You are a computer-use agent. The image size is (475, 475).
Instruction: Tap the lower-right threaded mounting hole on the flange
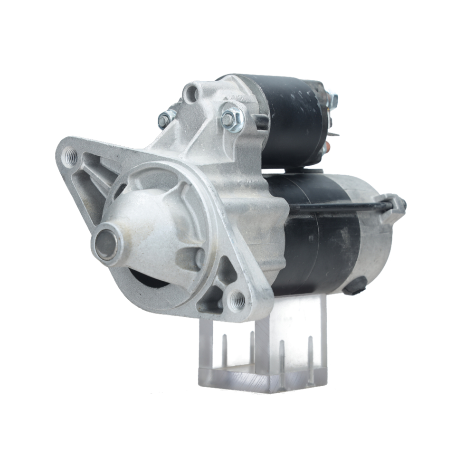pos(237,300)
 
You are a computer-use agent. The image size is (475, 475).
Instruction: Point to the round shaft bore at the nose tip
pos(105,245)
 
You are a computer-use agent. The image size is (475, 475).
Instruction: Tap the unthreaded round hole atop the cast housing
pos(191,94)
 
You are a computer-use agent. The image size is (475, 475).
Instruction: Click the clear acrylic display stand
pos(264,351)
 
